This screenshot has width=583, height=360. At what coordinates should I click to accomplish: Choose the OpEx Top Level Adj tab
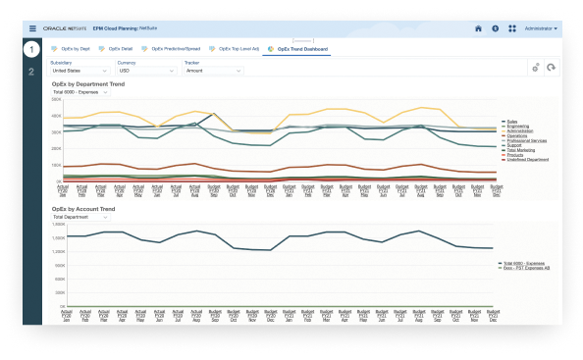(236, 47)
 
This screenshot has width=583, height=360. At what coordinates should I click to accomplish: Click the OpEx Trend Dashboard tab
(300, 47)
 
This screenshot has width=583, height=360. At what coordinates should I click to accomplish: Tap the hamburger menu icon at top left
(32, 28)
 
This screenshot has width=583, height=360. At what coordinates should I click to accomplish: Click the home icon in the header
(478, 28)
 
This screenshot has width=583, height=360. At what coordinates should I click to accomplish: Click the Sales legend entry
(511, 121)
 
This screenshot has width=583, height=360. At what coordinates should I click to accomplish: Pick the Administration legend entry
(521, 130)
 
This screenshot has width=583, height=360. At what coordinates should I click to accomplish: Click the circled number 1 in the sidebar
(32, 49)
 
